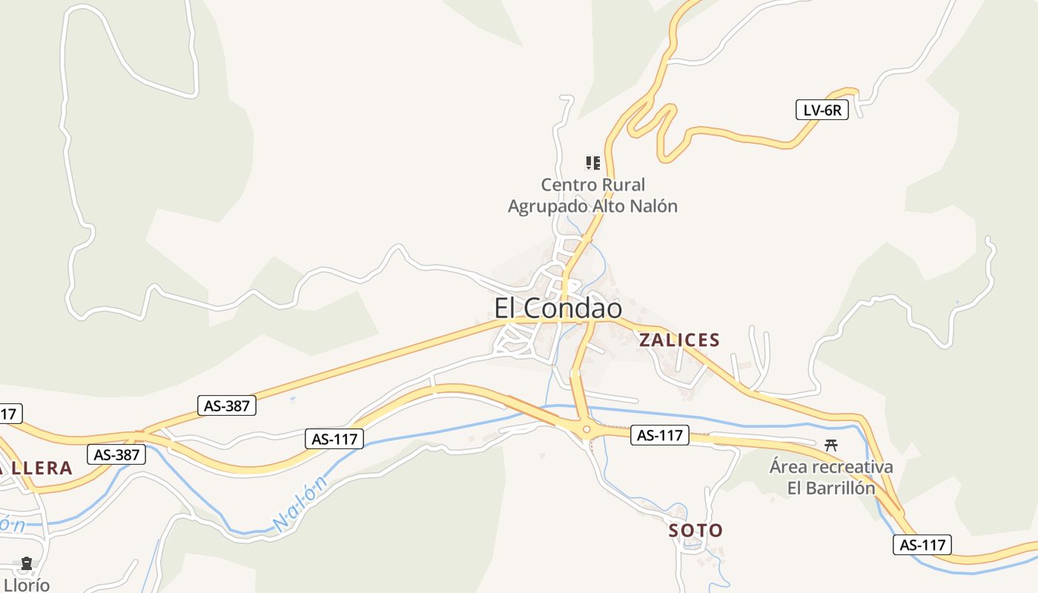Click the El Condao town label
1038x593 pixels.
click(x=558, y=308)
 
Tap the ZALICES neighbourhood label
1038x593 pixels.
click(x=679, y=340)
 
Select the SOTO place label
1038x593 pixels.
click(x=695, y=531)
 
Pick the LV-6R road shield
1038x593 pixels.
click(x=822, y=110)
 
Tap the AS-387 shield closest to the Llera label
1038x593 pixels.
click(x=116, y=454)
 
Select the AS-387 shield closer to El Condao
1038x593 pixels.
click(x=228, y=405)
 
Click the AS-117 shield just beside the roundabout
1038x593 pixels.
click(x=660, y=435)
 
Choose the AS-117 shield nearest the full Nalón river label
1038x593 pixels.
click(x=334, y=439)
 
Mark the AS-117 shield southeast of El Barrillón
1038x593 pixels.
click(x=922, y=545)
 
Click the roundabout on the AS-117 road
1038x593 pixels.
click(x=586, y=428)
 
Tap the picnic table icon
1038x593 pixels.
click(x=831, y=445)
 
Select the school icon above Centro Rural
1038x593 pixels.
click(x=592, y=162)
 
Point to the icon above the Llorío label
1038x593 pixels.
click(x=27, y=564)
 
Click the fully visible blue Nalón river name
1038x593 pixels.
click(x=300, y=504)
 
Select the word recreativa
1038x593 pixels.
click(x=851, y=468)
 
